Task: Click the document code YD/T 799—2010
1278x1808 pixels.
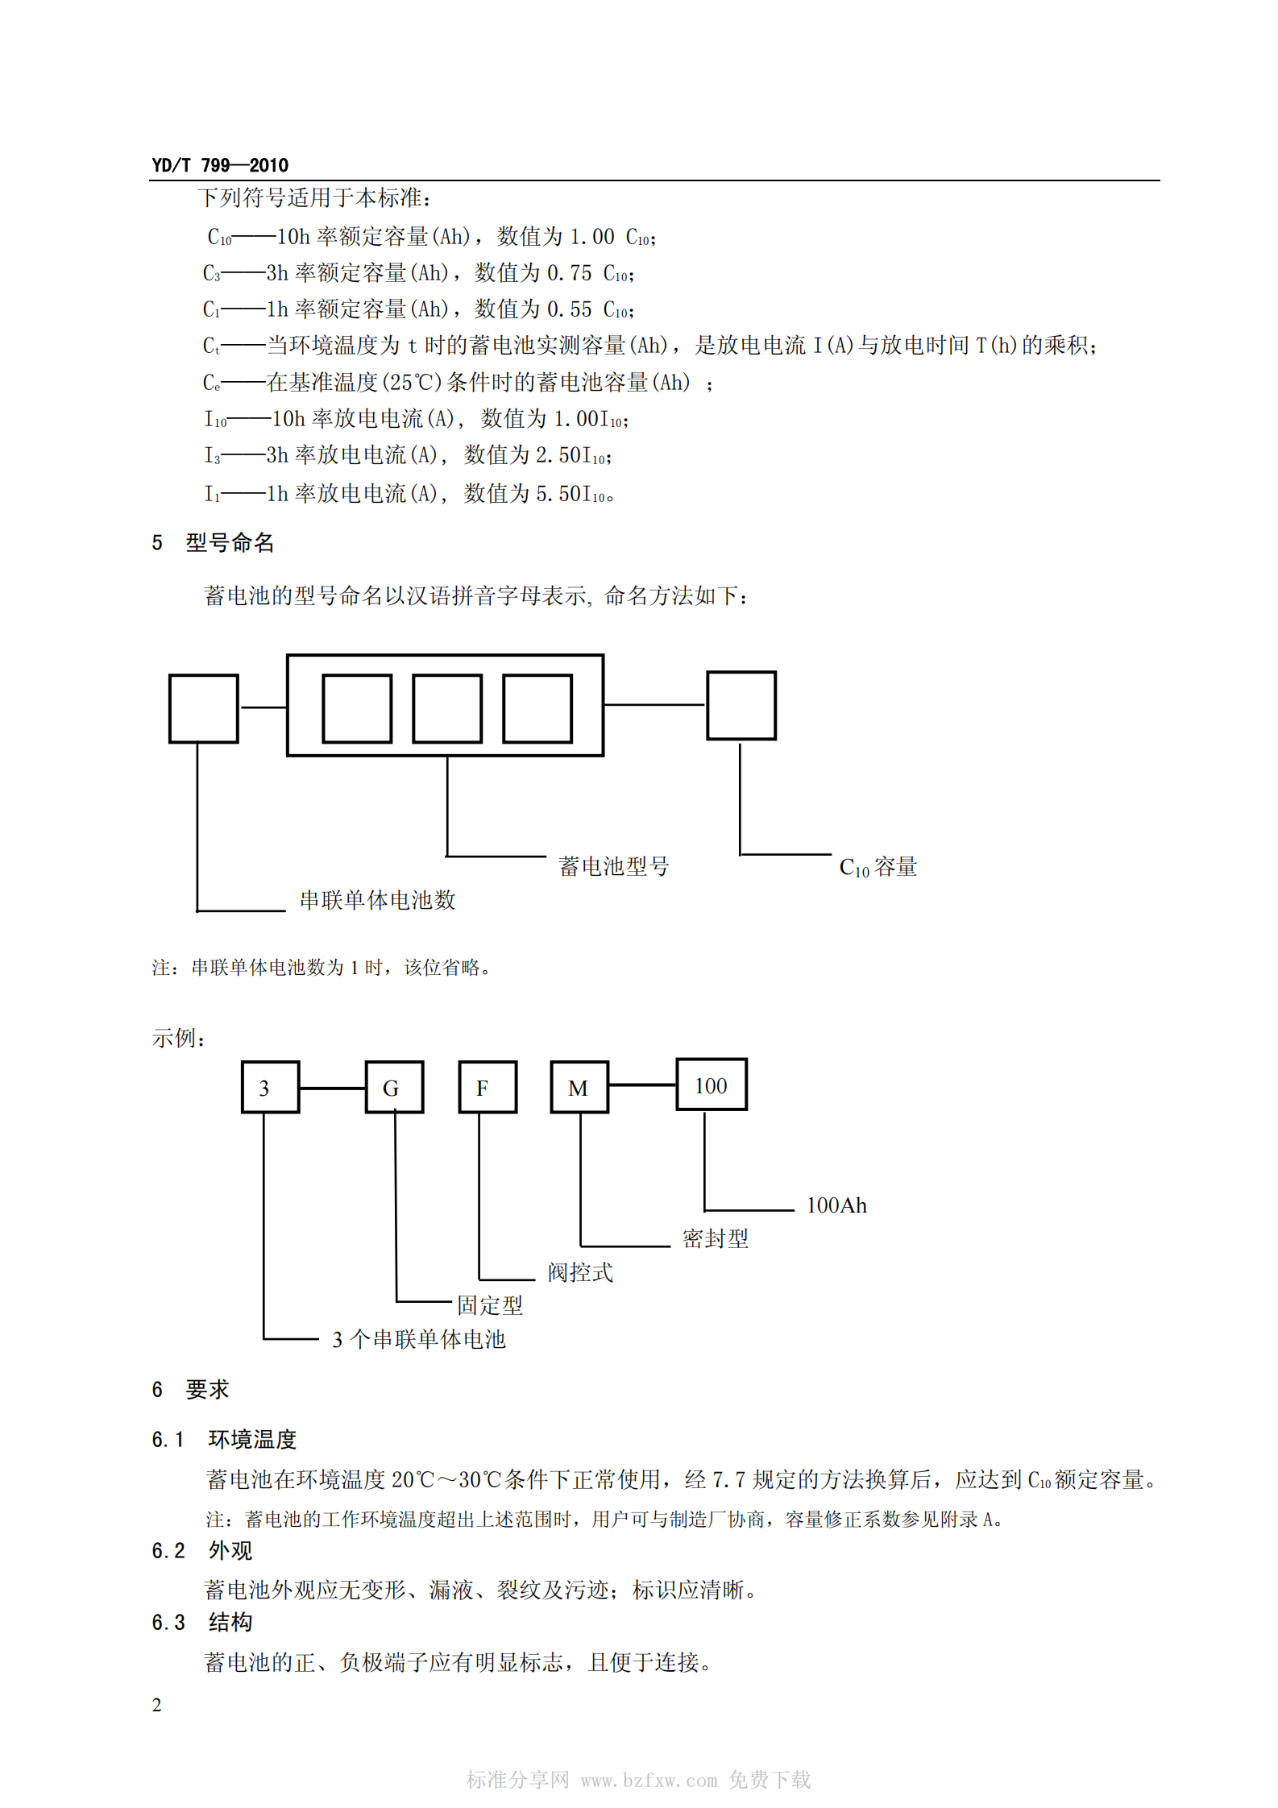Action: coord(219,165)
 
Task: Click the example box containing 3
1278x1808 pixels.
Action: coord(270,1087)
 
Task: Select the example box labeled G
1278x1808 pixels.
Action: coord(394,1087)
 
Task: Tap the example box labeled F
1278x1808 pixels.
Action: coord(487,1087)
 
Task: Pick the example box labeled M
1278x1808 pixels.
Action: coord(579,1087)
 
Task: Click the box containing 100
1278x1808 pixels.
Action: coord(711,1084)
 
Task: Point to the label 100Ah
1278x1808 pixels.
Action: coord(836,1205)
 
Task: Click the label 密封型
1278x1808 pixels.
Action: coord(715,1238)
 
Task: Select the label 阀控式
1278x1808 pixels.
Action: coord(580,1272)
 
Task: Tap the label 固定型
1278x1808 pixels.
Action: coord(490,1305)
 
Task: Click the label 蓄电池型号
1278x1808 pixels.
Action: coord(613,866)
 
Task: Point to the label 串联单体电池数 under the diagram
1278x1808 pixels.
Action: coord(377,900)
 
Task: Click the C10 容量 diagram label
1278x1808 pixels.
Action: coord(878,867)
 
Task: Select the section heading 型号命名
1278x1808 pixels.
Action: coord(230,543)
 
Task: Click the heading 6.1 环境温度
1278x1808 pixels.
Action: coord(224,1439)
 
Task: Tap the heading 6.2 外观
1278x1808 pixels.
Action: coord(201,1550)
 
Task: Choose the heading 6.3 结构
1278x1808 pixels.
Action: coord(201,1622)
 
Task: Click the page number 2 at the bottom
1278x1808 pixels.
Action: coord(156,1705)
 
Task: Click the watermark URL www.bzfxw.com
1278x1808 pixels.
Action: coord(649,1780)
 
